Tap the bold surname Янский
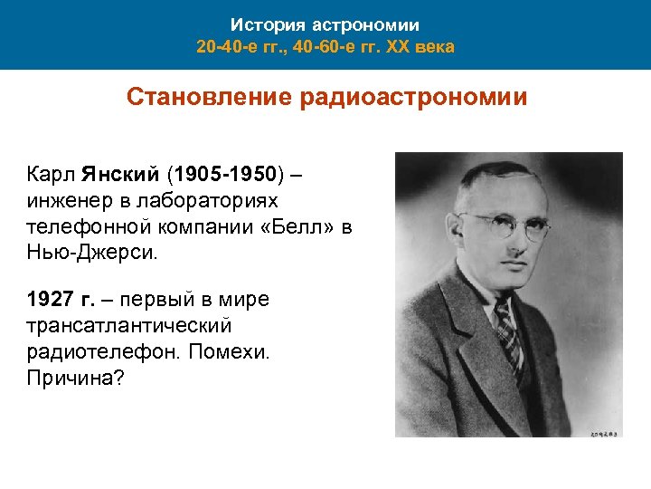119,172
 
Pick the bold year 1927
52,300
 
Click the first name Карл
52,172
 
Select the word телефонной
88,226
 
